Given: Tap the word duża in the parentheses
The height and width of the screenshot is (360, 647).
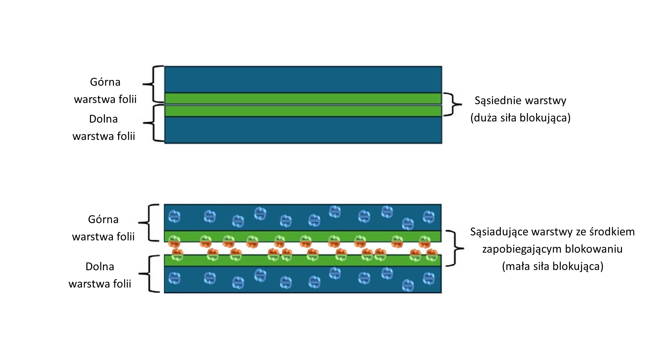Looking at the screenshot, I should point(486,118).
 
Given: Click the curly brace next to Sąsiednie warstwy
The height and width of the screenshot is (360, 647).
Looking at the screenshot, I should point(452,104).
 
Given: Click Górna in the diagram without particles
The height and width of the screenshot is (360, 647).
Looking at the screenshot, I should point(105,82).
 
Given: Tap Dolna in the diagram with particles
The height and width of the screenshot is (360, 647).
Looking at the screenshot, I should point(100,266).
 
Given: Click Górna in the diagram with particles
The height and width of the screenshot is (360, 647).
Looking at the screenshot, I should point(103,220).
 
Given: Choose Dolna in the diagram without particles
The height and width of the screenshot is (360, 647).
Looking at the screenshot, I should point(103,119).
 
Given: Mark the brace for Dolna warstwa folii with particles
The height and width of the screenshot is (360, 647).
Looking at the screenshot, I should point(149,274).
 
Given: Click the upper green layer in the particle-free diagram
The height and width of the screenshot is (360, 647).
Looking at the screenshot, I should point(303,98).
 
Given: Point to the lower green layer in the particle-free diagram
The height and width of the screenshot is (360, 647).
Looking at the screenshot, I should point(303,111).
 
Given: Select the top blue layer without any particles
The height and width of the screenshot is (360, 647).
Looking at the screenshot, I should point(303,79).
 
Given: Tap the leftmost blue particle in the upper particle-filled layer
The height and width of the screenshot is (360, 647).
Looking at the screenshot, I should point(174,217).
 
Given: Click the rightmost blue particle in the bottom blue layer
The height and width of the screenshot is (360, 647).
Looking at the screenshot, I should point(429,279).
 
